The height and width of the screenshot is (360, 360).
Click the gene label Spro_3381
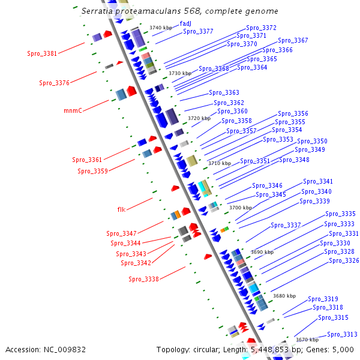(42, 53)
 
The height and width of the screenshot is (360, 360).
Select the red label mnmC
(73, 110)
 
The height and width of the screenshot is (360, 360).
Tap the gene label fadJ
(185, 23)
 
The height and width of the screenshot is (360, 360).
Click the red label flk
(121, 209)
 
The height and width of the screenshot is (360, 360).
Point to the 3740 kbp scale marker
(160, 28)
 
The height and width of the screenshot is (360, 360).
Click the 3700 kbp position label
(241, 208)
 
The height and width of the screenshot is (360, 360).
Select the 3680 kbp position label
(284, 296)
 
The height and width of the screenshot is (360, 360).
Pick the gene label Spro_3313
(342, 334)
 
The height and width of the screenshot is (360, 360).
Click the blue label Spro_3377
(198, 31)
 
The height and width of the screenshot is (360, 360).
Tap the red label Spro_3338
(143, 279)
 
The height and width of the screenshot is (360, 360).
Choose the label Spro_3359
(92, 171)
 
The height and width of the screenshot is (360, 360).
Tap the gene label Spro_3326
(344, 260)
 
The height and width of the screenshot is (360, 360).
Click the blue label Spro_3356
(293, 113)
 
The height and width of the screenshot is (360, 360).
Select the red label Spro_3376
(54, 83)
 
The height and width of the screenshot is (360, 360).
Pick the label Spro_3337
(286, 225)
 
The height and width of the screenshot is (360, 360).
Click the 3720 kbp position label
(199, 118)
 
